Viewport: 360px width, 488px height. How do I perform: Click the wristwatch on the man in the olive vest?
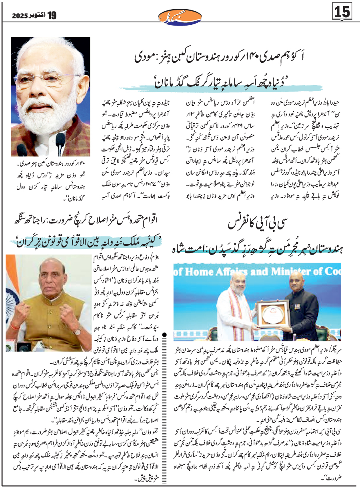coord(76,331)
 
